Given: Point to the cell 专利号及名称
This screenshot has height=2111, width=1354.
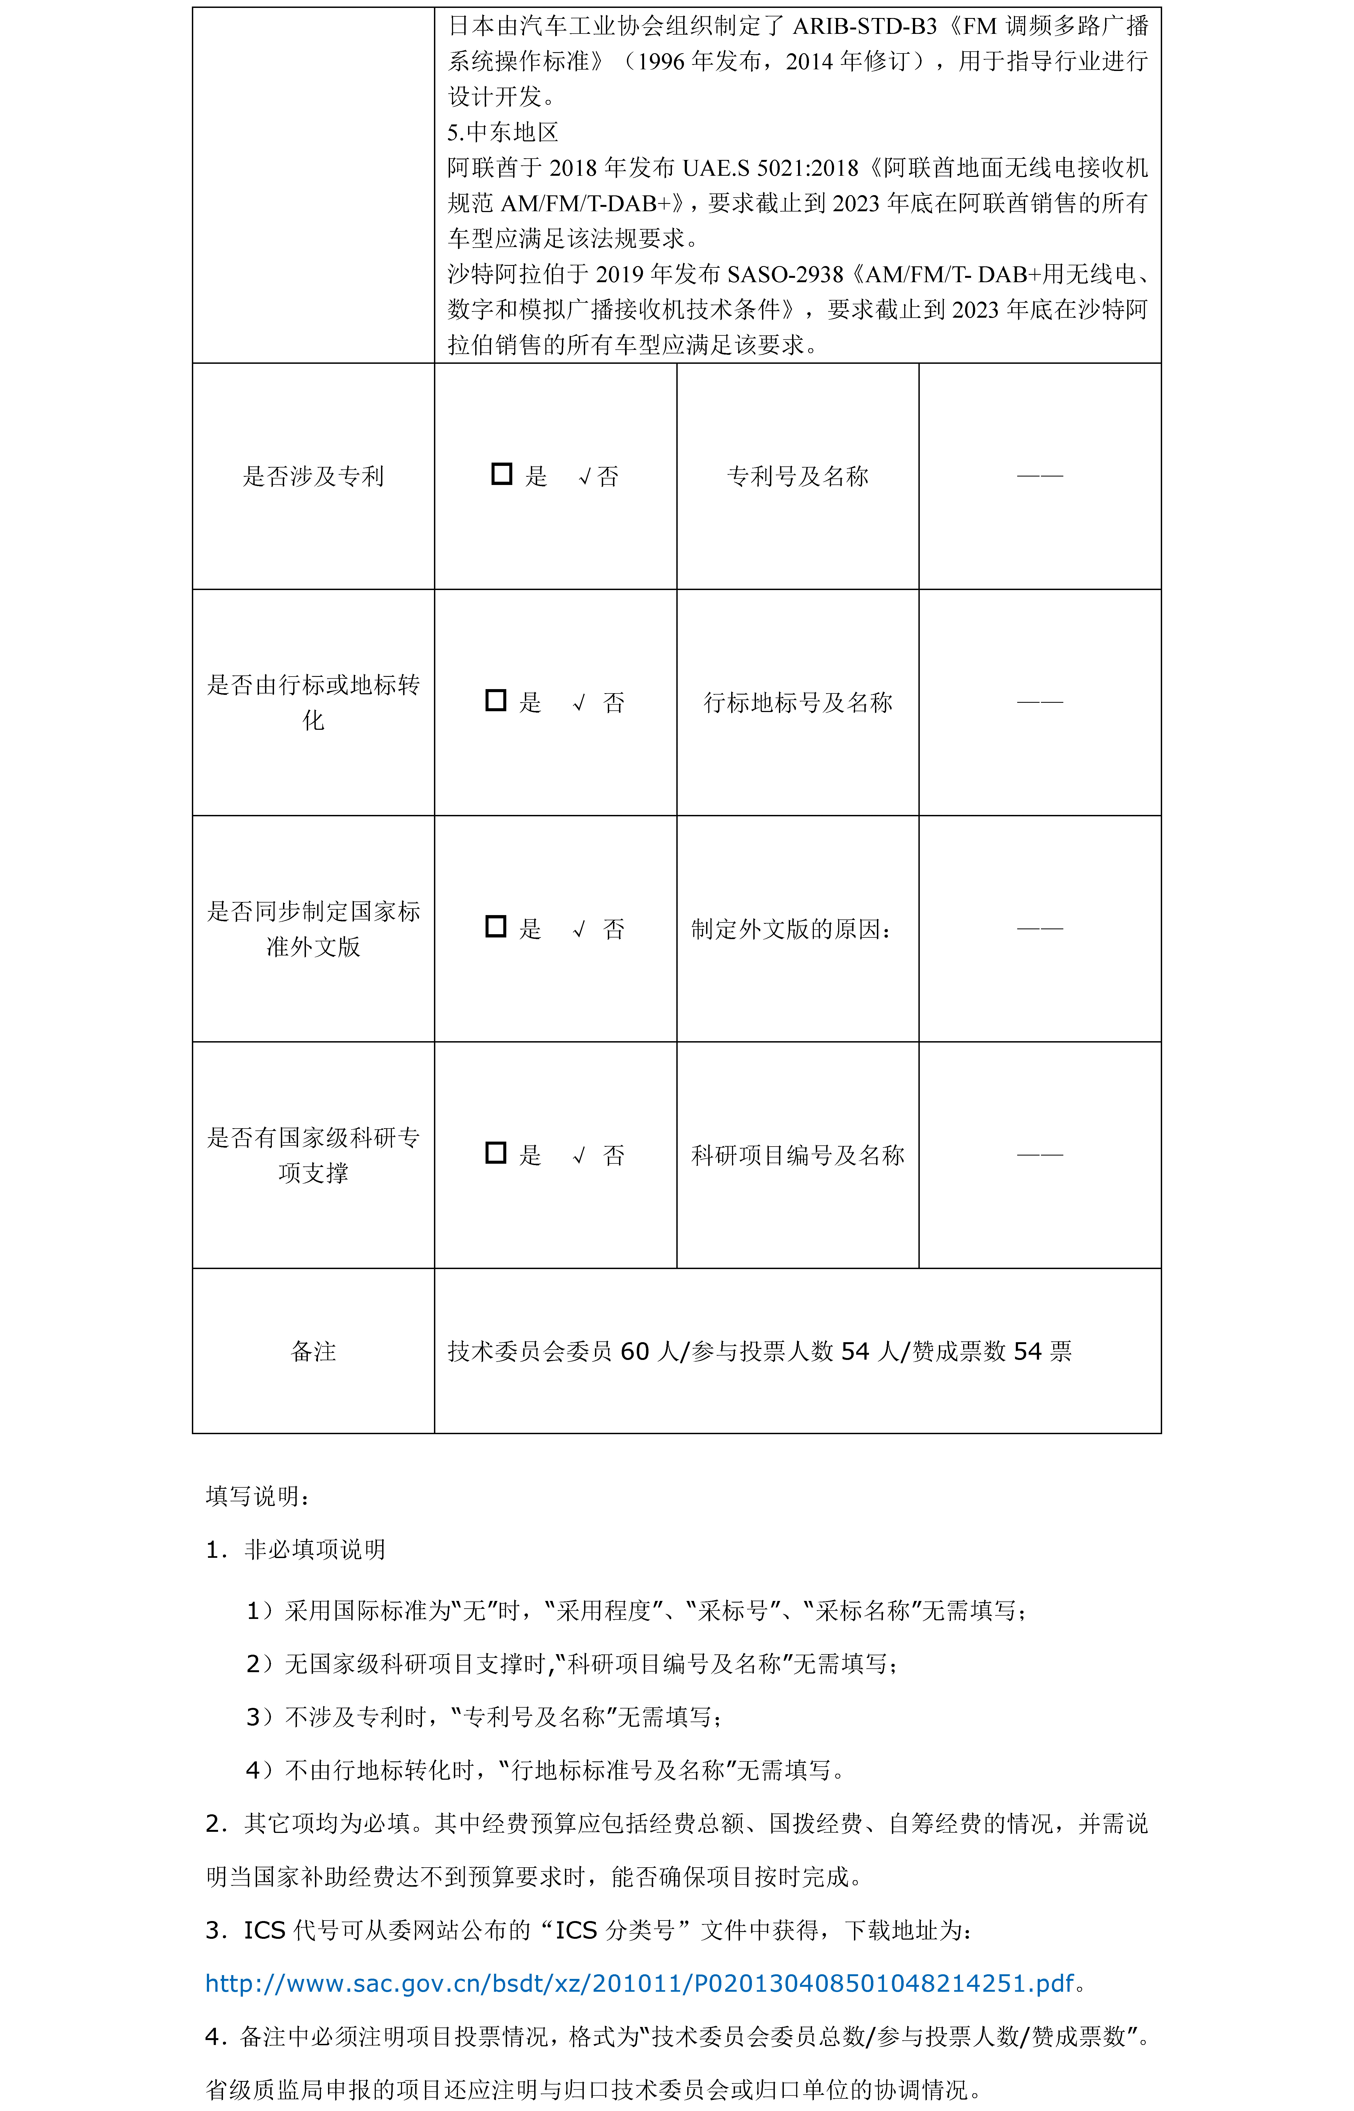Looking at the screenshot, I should [x=797, y=476].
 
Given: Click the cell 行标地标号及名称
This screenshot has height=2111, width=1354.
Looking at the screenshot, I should [x=797, y=702].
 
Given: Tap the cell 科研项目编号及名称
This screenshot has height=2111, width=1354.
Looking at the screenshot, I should [x=797, y=1154].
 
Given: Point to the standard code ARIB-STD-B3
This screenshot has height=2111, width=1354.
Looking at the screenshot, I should [x=864, y=26].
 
